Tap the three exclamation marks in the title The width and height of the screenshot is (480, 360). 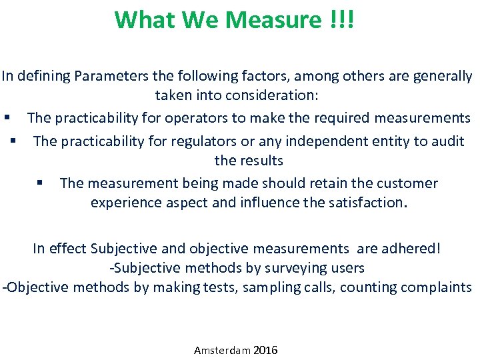pyautogui.click(x=342, y=20)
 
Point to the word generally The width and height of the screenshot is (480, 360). pyautogui.click(x=444, y=75)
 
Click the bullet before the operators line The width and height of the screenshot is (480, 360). pyautogui.click(x=6, y=118)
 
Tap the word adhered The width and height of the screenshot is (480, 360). pyautogui.click(x=411, y=249)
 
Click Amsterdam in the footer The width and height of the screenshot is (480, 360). pyautogui.click(x=222, y=350)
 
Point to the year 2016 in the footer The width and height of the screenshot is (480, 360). pyautogui.click(x=266, y=350)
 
